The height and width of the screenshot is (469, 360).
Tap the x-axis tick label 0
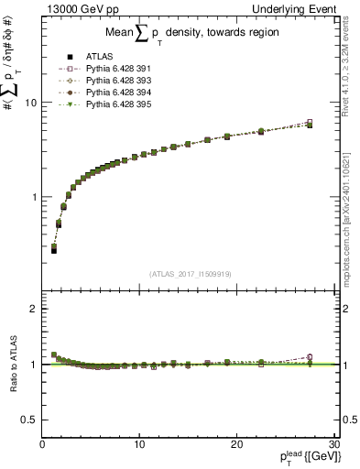pos(43,444)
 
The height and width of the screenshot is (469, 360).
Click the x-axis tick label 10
pos(138,444)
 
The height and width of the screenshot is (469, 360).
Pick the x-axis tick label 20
pos(236,444)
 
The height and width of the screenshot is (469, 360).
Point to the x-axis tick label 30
pos(333,444)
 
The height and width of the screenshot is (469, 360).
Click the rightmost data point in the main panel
pos(310,123)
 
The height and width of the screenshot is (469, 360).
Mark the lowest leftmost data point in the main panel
pos(54,249)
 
